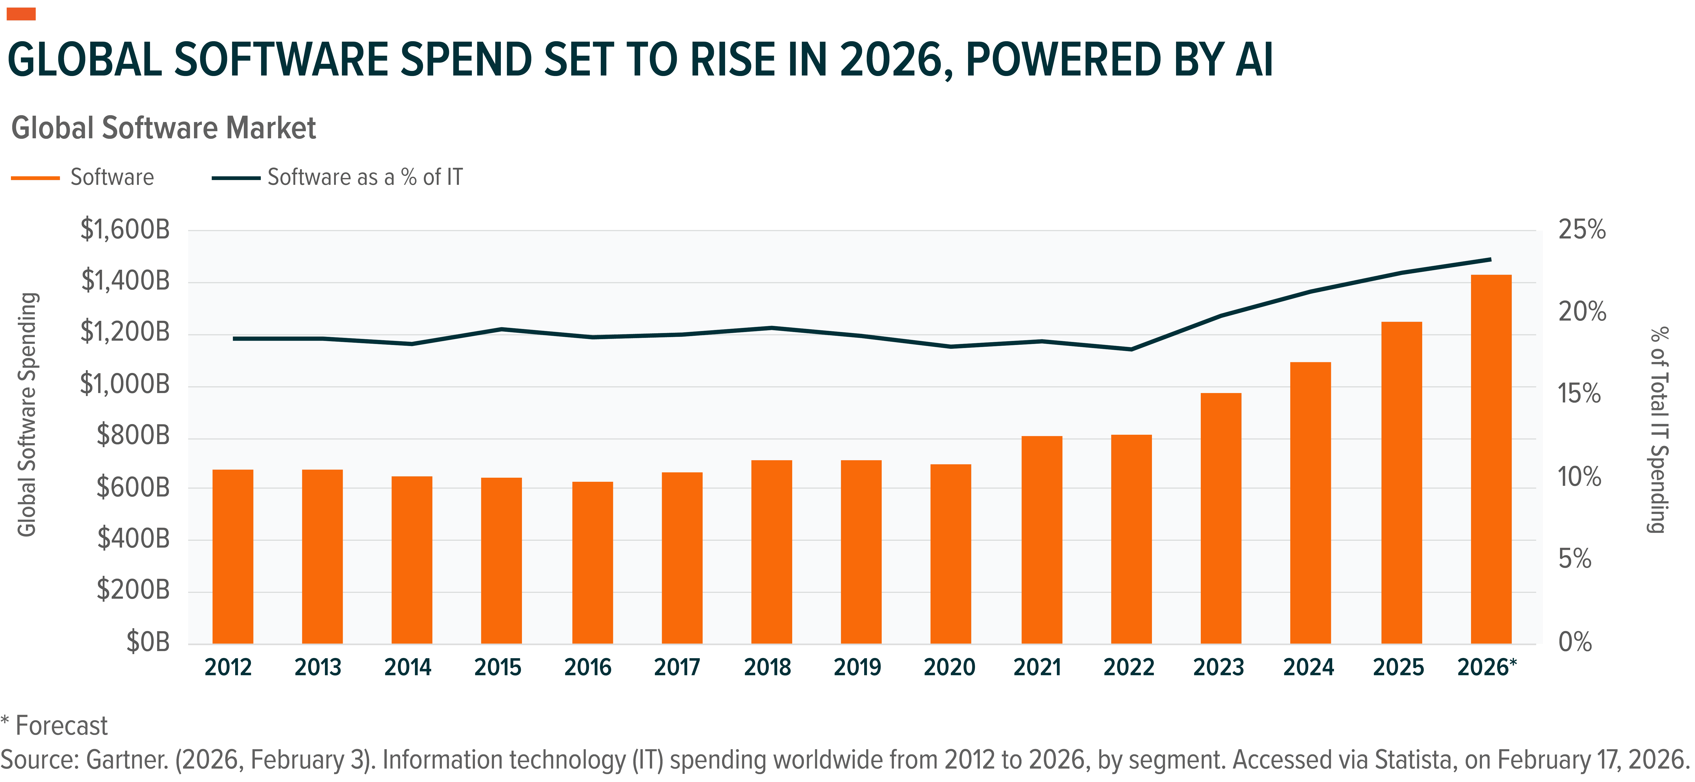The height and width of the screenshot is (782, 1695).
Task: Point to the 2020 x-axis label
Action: pyautogui.click(x=949, y=668)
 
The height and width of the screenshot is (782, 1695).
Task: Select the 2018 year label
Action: pyautogui.click(x=767, y=668)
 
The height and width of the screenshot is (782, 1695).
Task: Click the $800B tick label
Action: pyautogui.click(x=133, y=435)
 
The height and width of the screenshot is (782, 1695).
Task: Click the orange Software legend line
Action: pyautogui.click(x=36, y=178)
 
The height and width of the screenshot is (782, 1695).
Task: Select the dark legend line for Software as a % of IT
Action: pyautogui.click(x=236, y=178)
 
